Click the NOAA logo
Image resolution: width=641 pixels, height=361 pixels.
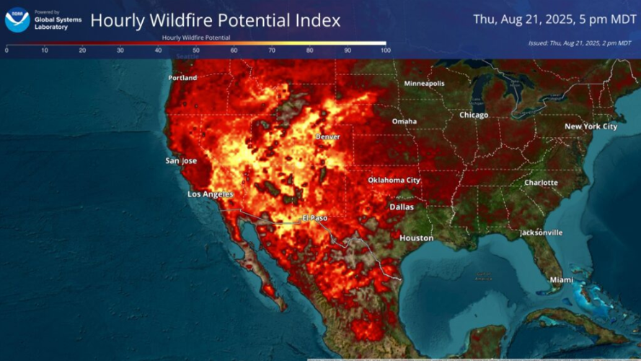[x=17, y=19]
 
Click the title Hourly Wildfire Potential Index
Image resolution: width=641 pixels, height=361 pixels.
[x=215, y=20]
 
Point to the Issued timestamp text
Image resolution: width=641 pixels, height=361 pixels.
[x=579, y=43]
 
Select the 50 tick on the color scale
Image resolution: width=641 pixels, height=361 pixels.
[x=195, y=51]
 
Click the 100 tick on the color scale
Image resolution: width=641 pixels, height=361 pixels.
[x=384, y=51]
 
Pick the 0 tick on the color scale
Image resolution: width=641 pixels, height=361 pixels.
[x=7, y=51]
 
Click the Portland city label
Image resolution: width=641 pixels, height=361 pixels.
[x=182, y=77]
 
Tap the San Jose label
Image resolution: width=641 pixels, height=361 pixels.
[x=181, y=160]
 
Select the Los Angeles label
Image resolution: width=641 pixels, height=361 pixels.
[x=211, y=194]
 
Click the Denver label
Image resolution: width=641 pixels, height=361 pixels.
[x=327, y=136]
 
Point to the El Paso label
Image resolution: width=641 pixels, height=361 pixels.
[x=316, y=217]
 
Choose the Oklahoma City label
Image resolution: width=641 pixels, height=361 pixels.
[x=394, y=180]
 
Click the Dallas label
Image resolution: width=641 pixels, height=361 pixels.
[x=402, y=206]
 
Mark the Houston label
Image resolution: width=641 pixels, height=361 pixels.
[x=417, y=238]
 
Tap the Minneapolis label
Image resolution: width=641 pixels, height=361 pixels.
[x=424, y=83]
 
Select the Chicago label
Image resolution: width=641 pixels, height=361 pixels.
[x=474, y=115]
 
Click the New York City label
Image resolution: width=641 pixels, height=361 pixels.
[x=591, y=126]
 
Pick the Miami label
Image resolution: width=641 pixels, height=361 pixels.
[x=561, y=279]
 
